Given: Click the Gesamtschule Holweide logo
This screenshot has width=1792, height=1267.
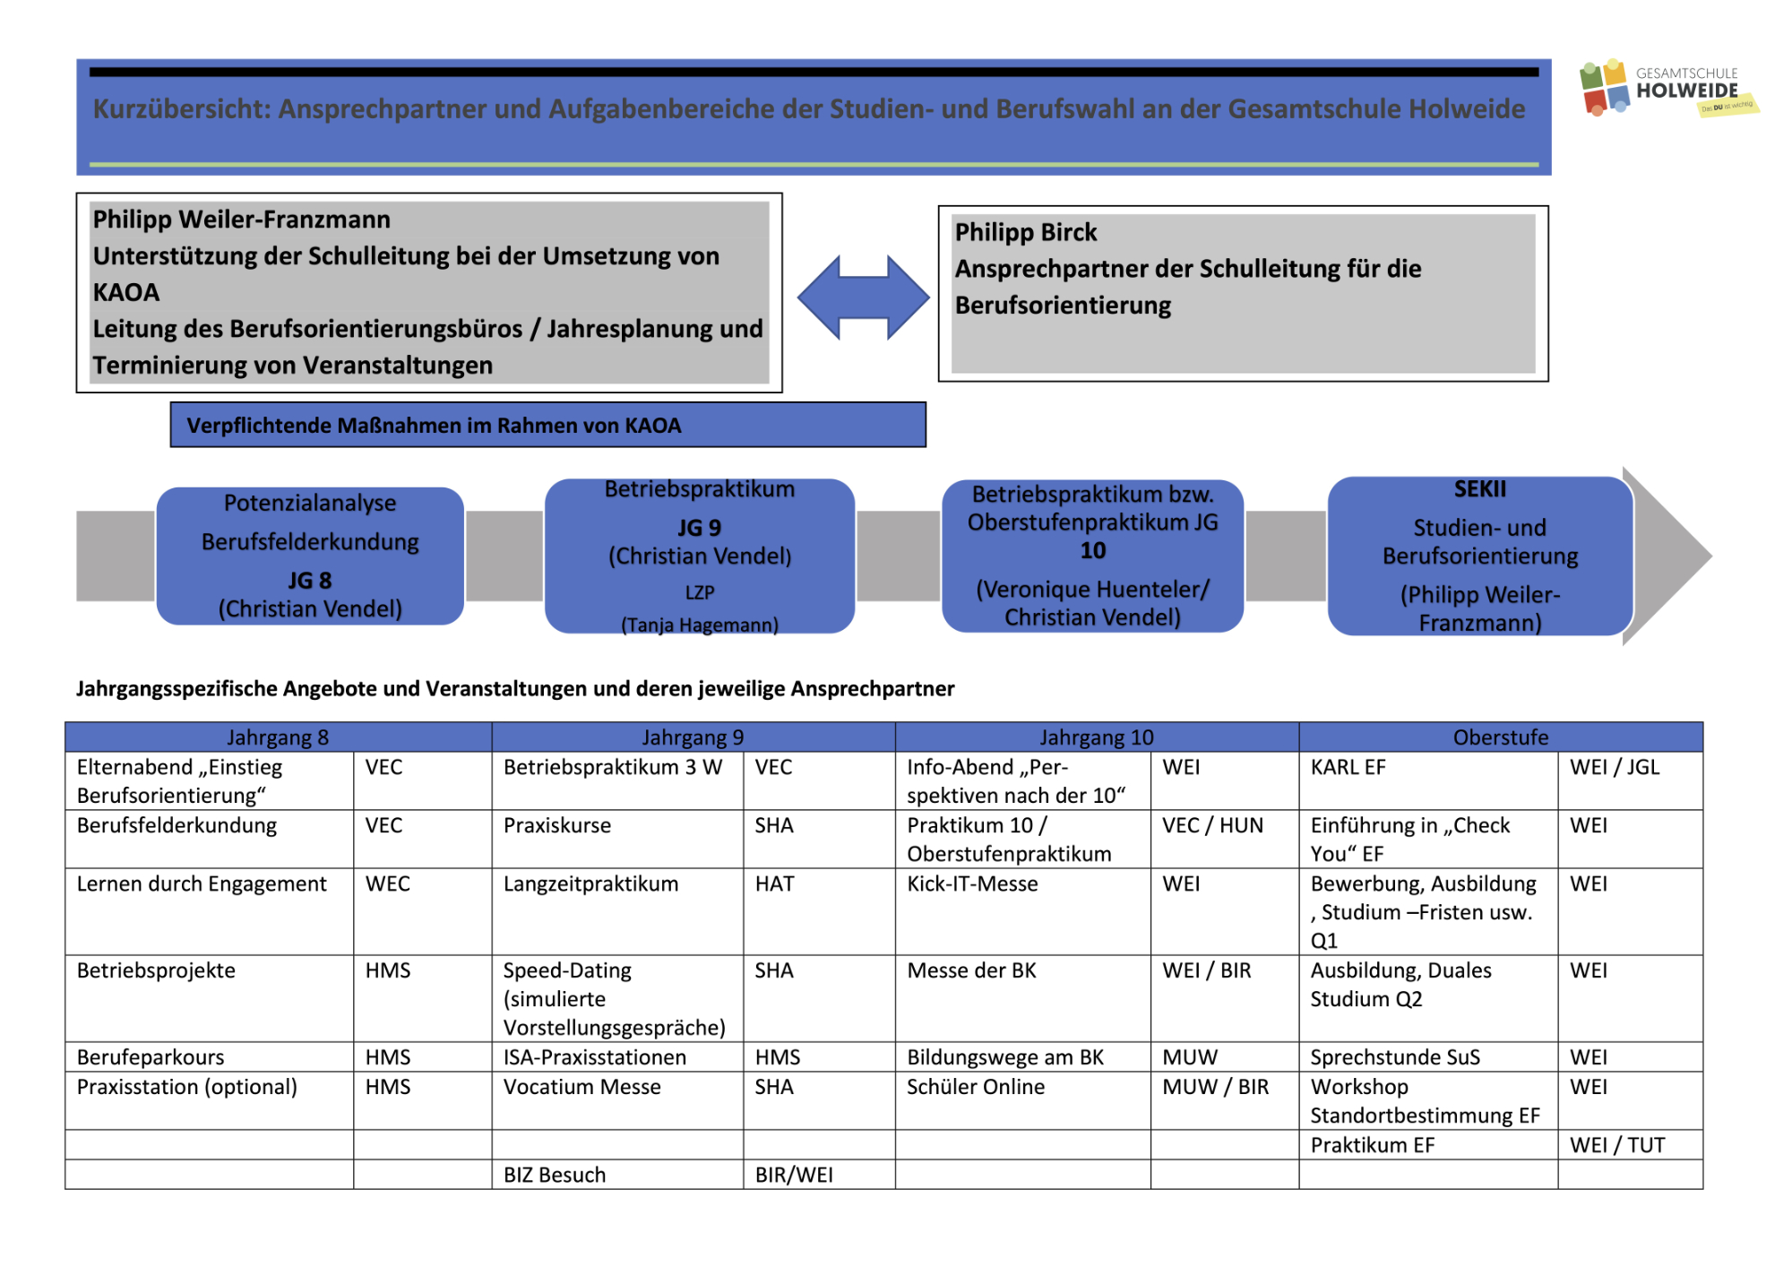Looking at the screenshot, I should tap(1667, 89).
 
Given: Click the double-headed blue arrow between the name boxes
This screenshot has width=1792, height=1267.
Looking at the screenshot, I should tap(863, 297).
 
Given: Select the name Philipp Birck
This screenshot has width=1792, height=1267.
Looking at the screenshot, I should tap(1025, 233).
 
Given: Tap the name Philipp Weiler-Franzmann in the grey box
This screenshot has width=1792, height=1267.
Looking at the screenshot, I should tap(242, 220).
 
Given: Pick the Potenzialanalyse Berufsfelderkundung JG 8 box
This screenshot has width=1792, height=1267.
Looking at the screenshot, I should tap(310, 556).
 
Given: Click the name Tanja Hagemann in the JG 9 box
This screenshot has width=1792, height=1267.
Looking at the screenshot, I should tap(700, 625).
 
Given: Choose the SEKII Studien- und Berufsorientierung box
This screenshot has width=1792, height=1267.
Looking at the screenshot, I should tap(1479, 556).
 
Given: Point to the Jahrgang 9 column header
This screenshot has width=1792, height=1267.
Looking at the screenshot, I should tap(693, 737).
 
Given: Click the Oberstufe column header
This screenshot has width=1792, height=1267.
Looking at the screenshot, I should tap(1500, 737).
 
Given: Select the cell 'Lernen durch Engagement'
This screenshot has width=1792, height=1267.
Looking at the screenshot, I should tap(202, 884).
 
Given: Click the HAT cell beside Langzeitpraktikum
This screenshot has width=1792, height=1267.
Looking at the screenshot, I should tap(774, 884).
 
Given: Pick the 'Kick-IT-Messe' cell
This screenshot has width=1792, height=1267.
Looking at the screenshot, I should tap(972, 884).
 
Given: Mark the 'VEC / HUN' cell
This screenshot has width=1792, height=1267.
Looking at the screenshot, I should tap(1212, 825).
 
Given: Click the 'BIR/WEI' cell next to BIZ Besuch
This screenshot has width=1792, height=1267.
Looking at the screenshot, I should tap(794, 1175).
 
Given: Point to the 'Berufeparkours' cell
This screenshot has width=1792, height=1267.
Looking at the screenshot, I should tap(151, 1057).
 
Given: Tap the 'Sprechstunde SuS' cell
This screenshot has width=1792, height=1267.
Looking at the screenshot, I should tap(1395, 1057).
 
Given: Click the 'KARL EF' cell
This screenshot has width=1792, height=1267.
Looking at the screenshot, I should tap(1348, 767).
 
